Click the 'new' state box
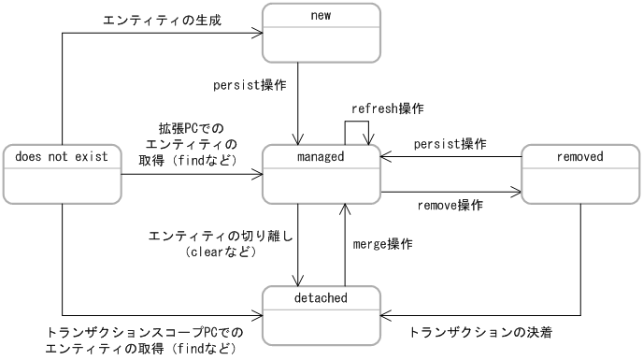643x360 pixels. click(x=321, y=33)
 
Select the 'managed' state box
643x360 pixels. click(x=321, y=174)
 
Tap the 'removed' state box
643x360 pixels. click(x=579, y=174)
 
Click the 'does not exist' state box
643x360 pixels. click(x=63, y=174)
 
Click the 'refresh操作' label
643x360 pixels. click(x=387, y=108)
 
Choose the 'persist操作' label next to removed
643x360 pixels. click(x=450, y=144)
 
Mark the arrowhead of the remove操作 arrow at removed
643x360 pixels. click(x=517, y=194)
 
